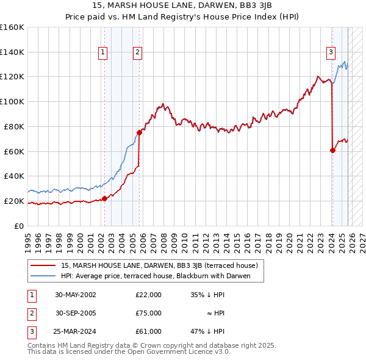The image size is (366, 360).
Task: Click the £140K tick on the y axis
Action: [12, 52]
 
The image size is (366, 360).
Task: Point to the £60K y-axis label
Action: [14, 151]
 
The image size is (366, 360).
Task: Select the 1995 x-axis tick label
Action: [28, 237]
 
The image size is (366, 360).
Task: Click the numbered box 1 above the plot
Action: [103, 53]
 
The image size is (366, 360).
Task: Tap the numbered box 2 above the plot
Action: [138, 53]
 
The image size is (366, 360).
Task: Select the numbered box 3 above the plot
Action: [331, 53]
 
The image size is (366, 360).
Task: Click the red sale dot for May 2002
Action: [104, 198]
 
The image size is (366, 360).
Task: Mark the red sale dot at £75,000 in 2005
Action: [139, 132]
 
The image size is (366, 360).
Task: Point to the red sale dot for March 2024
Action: [332, 150]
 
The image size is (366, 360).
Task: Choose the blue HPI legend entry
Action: [162, 276]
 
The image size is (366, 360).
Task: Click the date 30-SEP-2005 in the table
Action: [76, 313]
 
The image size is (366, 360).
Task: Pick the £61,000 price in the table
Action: [149, 331]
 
